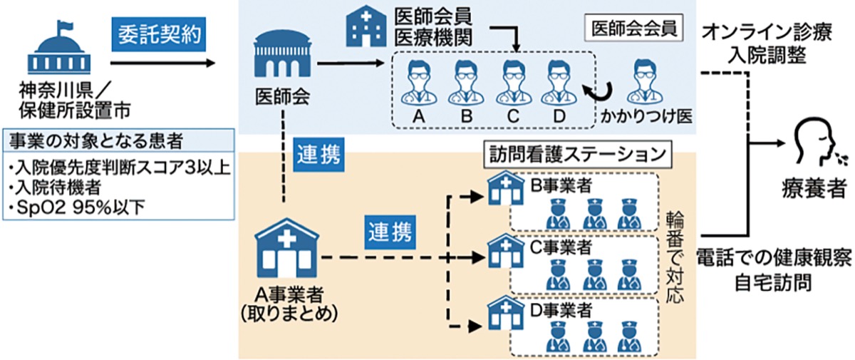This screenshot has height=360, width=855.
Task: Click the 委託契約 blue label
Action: (x=155, y=34)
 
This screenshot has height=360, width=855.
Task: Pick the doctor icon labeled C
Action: (x=512, y=81)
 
